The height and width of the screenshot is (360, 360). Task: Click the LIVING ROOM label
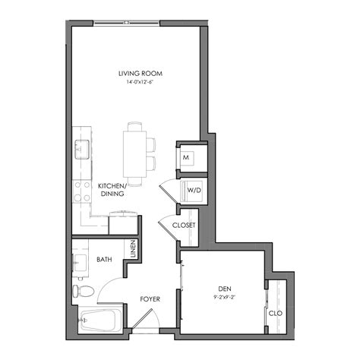(x=141, y=74)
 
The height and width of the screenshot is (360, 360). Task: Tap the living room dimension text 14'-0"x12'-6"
(x=141, y=82)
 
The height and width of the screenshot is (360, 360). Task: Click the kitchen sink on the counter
(x=81, y=148)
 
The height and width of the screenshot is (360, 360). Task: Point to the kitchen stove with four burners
(x=81, y=190)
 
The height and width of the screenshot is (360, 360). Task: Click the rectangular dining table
(x=135, y=155)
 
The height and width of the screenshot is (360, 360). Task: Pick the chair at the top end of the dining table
(x=135, y=125)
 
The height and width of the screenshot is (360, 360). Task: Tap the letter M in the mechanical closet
(x=187, y=158)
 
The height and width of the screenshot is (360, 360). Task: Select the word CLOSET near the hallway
(x=184, y=226)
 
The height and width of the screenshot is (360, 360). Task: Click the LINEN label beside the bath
(x=134, y=250)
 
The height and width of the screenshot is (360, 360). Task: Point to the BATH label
(x=105, y=260)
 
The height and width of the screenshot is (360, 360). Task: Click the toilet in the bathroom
(x=83, y=291)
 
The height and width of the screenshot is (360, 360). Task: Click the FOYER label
(x=150, y=298)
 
